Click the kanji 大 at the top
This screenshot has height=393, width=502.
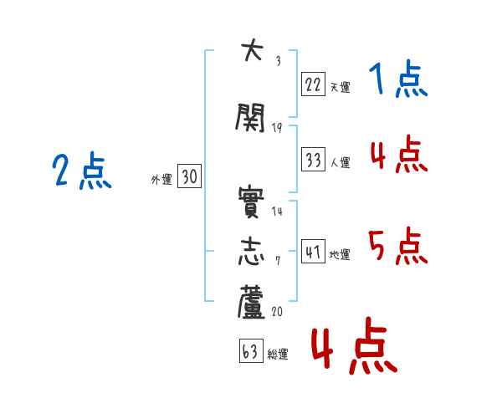point(253,49)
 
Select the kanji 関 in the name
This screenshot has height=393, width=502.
point(250,117)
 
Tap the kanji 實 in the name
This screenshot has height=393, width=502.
point(251,202)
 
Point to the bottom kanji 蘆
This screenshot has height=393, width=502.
point(251,302)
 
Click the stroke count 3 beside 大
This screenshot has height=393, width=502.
point(279,61)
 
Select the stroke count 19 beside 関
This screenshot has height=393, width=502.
point(277,128)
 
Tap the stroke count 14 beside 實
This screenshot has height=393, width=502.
point(277,211)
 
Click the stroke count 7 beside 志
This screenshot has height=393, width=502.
point(278,261)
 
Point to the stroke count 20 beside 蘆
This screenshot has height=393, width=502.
point(277,311)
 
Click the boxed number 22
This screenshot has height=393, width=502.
point(313,84)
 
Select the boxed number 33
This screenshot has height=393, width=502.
point(313,160)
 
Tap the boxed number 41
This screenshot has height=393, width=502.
point(313,252)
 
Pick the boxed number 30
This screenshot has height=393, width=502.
point(190,176)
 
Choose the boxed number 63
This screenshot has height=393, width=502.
point(251,350)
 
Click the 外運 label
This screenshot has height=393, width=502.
point(161,180)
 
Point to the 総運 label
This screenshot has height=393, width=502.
point(278,355)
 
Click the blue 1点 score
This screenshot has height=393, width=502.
point(398,79)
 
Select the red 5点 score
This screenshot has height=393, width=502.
point(398,246)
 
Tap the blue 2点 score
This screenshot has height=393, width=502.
point(82,171)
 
